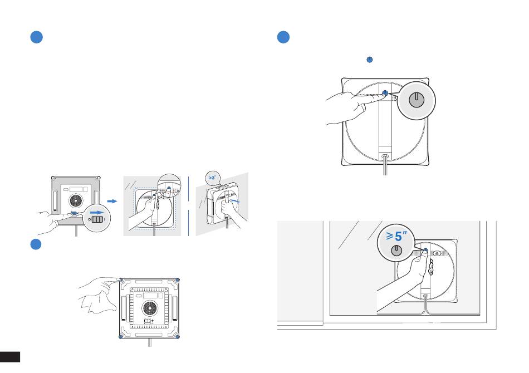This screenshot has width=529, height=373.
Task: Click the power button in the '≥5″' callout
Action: (x=396, y=249)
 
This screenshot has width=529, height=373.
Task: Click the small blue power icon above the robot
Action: (x=369, y=60)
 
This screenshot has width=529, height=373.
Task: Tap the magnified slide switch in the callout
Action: (x=97, y=220)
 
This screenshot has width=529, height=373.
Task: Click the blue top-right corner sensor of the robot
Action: (x=178, y=279)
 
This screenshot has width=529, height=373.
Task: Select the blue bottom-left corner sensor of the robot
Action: (x=121, y=337)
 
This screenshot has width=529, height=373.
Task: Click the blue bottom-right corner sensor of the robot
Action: (x=178, y=337)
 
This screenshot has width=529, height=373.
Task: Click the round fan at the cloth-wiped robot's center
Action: (x=149, y=308)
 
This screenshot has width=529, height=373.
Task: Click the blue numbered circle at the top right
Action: (x=283, y=38)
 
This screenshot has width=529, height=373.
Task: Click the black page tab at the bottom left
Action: (x=10, y=357)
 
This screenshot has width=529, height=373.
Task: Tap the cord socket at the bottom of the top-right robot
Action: (x=385, y=155)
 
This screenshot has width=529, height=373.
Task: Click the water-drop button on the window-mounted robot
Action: (x=437, y=253)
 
